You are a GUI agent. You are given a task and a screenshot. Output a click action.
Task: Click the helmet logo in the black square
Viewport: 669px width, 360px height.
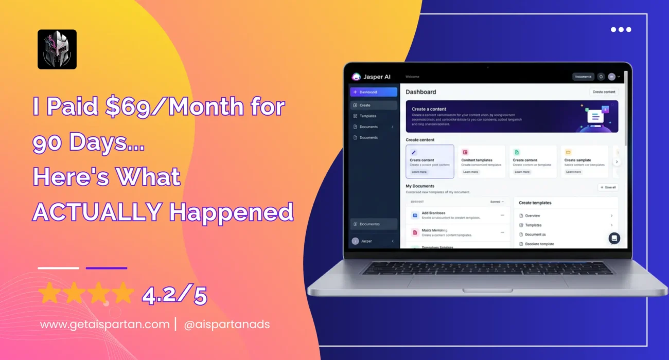[x=57, y=49]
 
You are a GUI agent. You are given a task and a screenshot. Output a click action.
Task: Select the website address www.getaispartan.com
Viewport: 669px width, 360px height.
[x=104, y=325]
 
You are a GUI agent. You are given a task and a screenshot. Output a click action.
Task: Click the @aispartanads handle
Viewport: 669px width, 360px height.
[x=226, y=325]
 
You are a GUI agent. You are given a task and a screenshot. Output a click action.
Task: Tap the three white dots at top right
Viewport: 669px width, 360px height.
[x=621, y=29]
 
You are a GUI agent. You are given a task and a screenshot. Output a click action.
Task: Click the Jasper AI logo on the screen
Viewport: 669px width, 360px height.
[x=371, y=77]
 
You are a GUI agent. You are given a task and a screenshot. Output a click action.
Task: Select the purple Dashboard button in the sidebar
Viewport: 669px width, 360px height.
[x=374, y=92]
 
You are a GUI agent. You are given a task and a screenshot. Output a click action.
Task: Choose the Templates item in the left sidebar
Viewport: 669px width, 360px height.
[x=367, y=116]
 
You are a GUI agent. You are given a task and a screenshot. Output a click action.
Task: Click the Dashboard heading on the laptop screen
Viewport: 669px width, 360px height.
[x=420, y=92]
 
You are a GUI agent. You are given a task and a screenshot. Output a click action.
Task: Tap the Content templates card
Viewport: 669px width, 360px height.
[x=481, y=161]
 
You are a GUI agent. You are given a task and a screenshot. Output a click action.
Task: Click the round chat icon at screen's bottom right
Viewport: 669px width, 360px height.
[x=614, y=238]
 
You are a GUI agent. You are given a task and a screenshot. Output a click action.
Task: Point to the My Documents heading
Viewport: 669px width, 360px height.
[x=420, y=186]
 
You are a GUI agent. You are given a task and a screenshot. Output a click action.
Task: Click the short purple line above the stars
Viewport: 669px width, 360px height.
[x=107, y=268]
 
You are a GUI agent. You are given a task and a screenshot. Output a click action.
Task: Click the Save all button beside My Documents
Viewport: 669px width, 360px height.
[x=608, y=187]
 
